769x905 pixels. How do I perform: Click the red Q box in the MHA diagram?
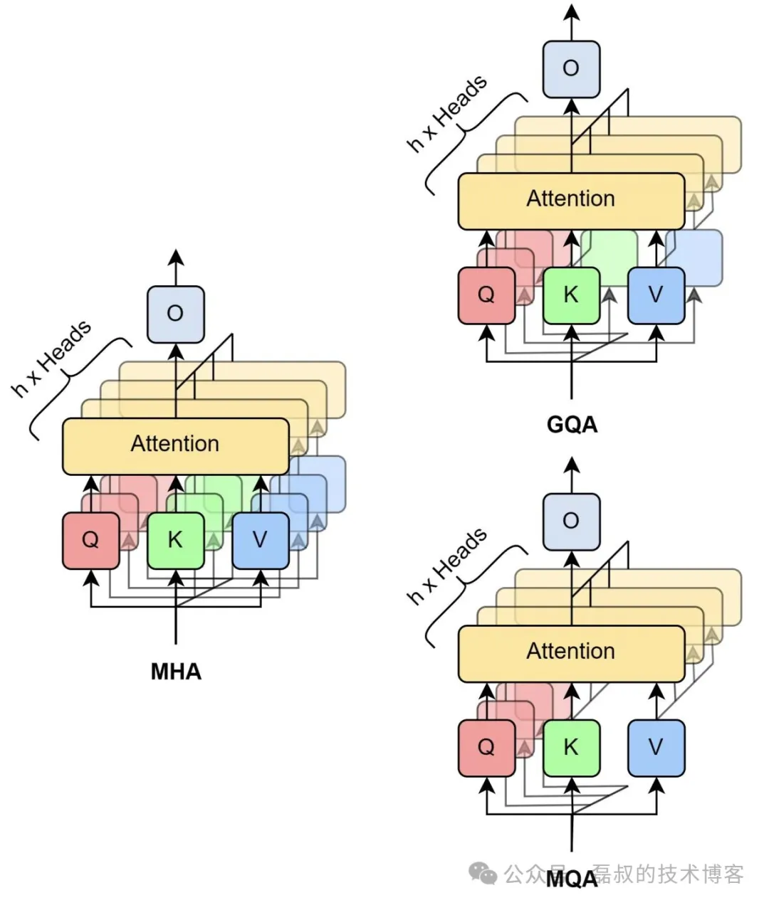coord(90,540)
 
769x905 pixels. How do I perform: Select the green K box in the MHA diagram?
coord(175,540)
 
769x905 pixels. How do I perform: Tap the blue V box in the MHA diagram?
coord(261,540)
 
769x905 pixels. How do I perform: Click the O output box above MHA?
coord(175,314)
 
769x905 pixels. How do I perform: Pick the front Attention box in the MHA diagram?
coord(175,445)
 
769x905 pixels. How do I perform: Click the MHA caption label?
coord(176,671)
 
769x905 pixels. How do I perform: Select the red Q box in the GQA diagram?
coord(486,295)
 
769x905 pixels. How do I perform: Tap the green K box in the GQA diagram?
coord(571,295)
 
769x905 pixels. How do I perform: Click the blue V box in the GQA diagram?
coord(656,295)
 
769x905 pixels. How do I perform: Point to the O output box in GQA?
coord(571,68)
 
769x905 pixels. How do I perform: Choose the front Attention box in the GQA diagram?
coord(571,200)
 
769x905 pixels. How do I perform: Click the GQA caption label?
coord(572,425)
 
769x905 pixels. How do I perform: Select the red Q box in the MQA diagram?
coord(486,747)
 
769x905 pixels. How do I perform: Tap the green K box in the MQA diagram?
coord(571,747)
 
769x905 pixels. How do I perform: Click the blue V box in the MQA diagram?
coord(656,747)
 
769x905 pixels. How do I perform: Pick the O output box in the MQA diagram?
coord(571,521)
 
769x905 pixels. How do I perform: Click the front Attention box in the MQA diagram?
coord(571,652)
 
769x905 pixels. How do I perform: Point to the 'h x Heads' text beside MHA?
coord(52,358)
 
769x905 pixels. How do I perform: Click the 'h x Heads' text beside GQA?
coord(447,113)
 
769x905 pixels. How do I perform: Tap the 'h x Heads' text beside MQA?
coord(447,566)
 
